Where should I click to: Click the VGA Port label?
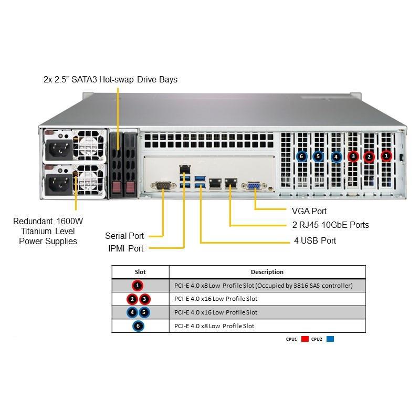tap(309, 211)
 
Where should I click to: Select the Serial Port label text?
tap(124, 236)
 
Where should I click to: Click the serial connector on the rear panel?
tap(162, 185)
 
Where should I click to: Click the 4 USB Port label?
tap(314, 241)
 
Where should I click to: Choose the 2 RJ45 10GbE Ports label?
tap(330, 225)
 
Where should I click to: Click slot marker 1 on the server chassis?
tap(386, 155)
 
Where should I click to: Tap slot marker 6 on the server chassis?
tap(301, 156)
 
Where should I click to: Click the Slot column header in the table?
tap(140, 272)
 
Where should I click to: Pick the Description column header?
tap(267, 272)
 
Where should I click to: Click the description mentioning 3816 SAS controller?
tap(263, 286)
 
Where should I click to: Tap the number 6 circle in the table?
tap(138, 326)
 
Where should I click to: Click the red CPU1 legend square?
tap(304, 339)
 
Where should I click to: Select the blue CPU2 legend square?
tap(330, 339)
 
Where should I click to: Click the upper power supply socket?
tap(57, 151)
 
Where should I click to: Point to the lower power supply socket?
tap(57, 184)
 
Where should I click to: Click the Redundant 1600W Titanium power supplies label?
tap(48, 231)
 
